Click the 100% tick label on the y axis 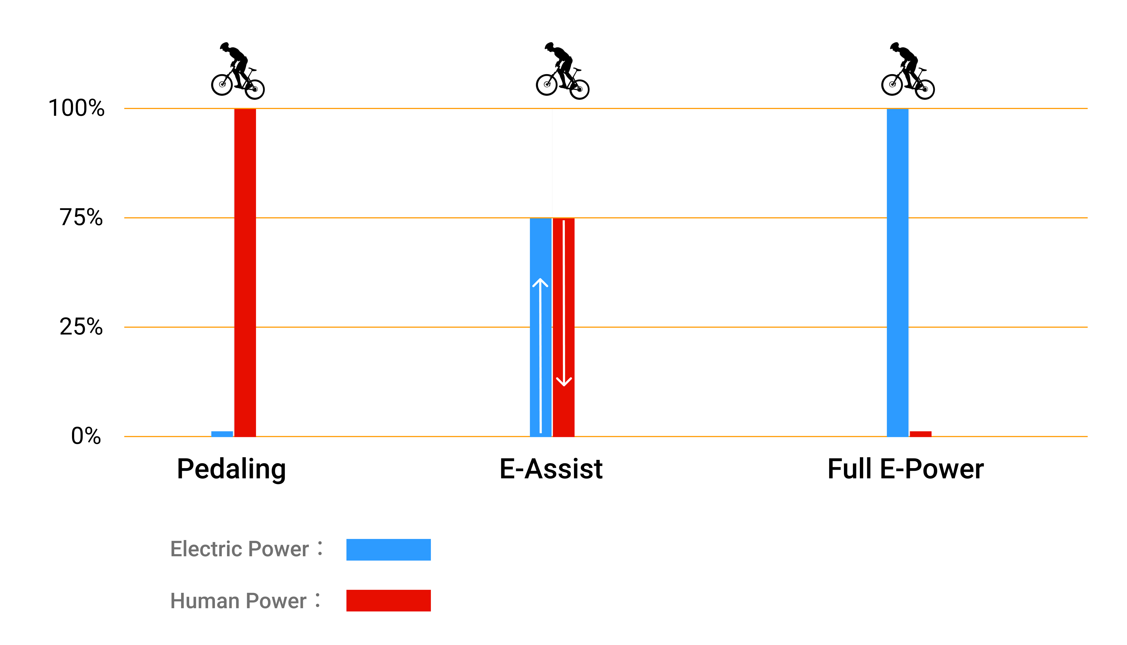[x=76, y=108]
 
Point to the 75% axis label [x=81, y=218]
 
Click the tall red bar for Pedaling [x=245, y=272]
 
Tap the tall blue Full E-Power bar [x=897, y=272]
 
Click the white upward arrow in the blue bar [x=540, y=354]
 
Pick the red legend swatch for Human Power [x=388, y=600]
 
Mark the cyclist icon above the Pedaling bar [x=238, y=71]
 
